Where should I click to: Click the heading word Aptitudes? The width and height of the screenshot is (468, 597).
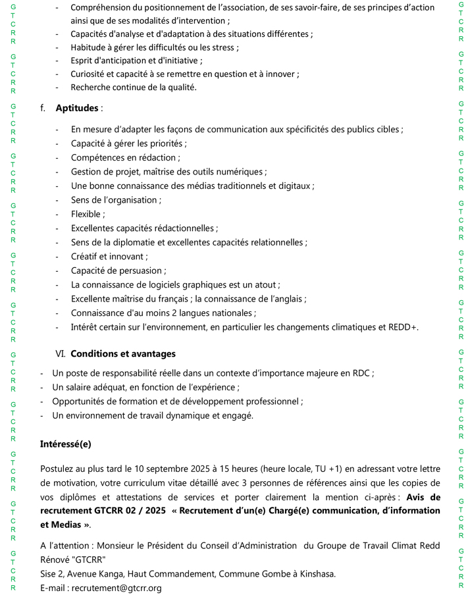coord(78,108)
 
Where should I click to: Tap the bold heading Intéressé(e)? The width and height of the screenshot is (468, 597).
coord(66,444)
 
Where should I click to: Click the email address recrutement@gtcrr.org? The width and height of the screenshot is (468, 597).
coord(117,588)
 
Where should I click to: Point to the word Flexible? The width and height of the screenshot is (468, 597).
coord(86,214)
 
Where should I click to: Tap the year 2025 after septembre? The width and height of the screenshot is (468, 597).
coord(199,469)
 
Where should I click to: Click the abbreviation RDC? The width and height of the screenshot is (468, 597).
coord(360,373)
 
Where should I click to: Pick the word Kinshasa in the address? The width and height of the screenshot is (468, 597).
coord(315,574)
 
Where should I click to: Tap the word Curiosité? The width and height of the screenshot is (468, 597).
coord(90,74)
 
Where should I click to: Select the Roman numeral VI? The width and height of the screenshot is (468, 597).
coord(62,353)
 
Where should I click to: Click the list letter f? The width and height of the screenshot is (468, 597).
coord(43,108)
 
